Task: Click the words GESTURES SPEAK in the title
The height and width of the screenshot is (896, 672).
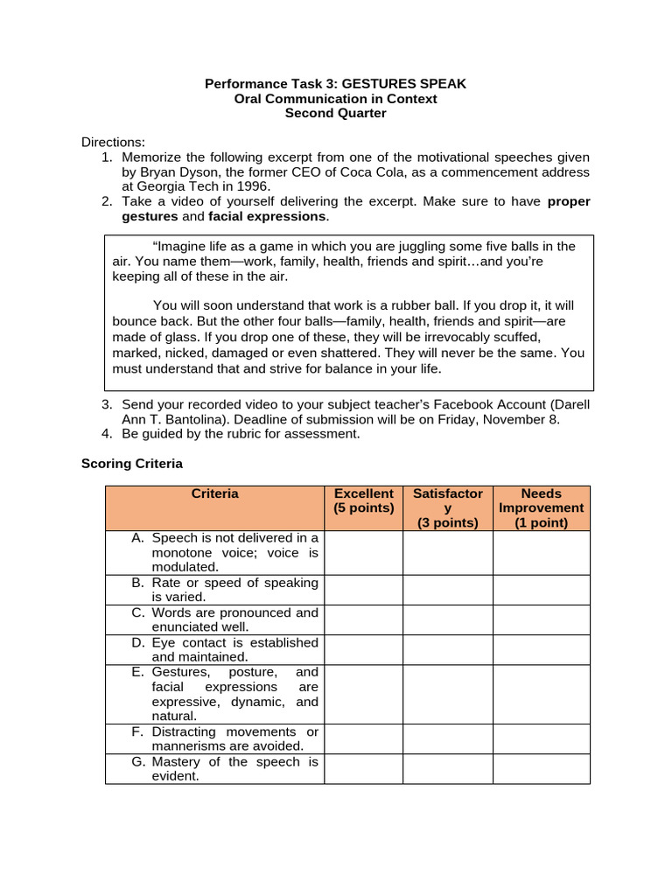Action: coord(404,84)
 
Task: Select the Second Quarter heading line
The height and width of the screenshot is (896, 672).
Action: coord(336,114)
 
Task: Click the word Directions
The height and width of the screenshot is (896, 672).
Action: coord(113,143)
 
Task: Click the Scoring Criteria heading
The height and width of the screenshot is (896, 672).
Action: coord(132,464)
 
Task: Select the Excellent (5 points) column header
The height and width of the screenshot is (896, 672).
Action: coord(363,500)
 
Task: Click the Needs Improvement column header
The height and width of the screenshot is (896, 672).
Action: coord(541,508)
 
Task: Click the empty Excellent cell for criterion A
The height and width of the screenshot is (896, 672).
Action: coord(363,553)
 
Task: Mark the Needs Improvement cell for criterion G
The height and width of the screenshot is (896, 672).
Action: coord(541,769)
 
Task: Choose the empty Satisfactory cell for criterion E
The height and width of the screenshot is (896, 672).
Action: coord(447,694)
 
